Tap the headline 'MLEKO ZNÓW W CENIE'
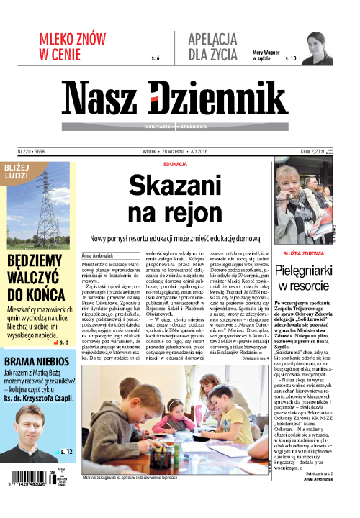[69, 46]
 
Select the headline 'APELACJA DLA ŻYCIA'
[214, 46]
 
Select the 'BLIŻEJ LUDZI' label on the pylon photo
[21, 173]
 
